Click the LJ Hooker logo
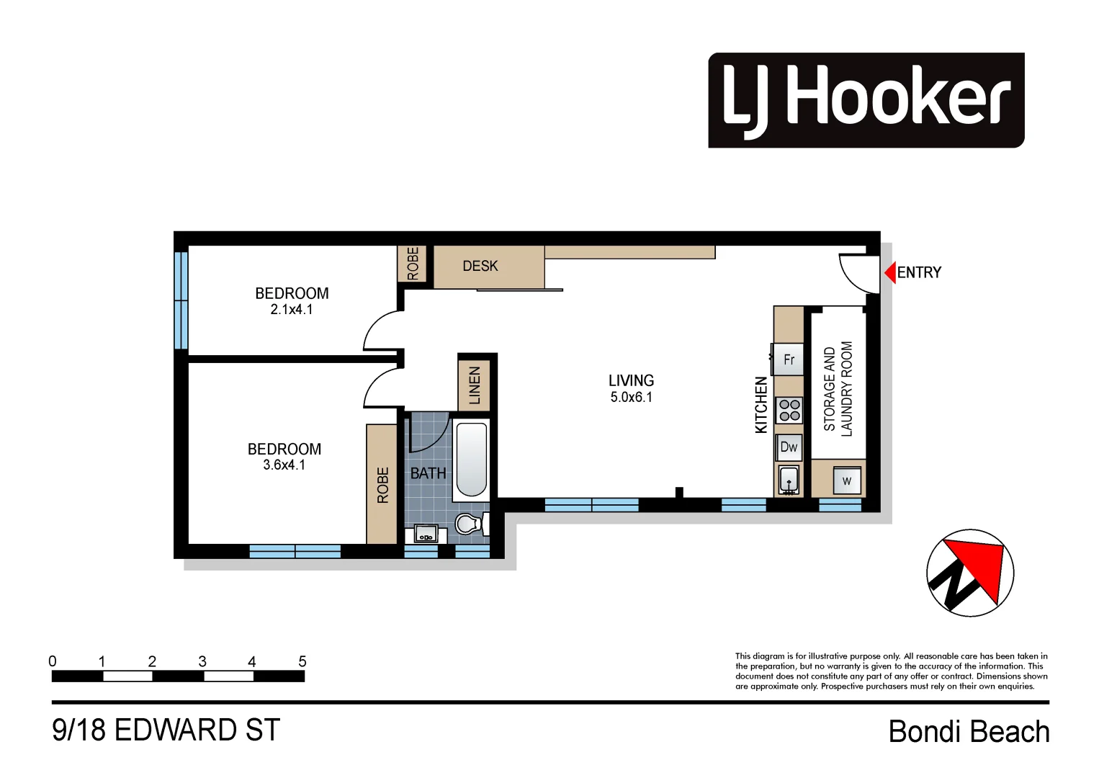point(866,100)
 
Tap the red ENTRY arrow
point(890,272)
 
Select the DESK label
point(480,266)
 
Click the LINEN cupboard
point(475,385)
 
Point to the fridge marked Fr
point(789,359)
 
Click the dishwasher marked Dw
point(789,447)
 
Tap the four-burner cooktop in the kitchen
point(789,410)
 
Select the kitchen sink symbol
point(789,480)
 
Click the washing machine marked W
point(846,480)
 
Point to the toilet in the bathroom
point(470,524)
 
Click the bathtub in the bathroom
point(472,460)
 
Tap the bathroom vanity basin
point(425,535)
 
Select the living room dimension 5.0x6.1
point(631,398)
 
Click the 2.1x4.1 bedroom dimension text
point(292,310)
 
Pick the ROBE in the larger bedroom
point(382,484)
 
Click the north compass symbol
point(969,573)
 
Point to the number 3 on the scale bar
point(202,661)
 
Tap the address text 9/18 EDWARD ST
point(166,730)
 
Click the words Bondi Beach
point(969,732)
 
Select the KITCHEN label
point(761,405)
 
